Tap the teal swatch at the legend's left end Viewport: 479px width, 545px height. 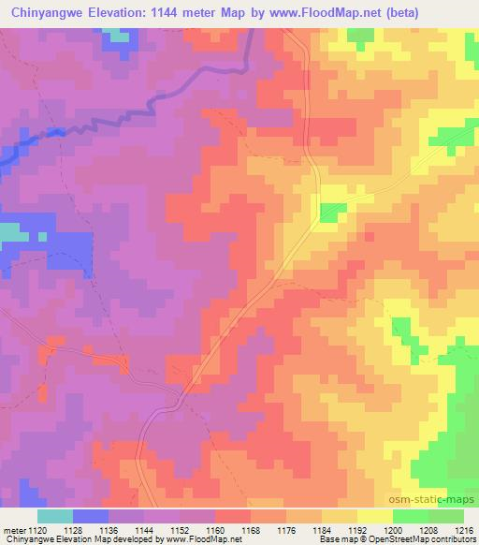(55, 515)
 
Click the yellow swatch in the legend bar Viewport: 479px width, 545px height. (375, 515)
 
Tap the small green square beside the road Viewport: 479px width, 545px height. (331, 213)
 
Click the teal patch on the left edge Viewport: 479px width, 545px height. (8, 233)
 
